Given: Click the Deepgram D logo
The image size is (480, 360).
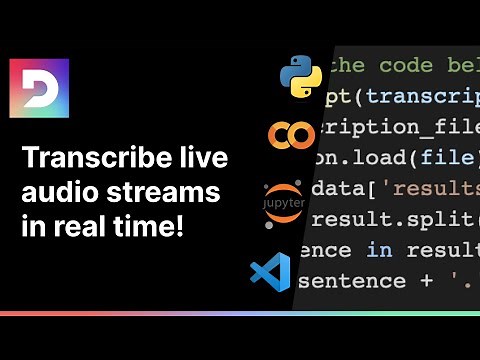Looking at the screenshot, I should coord(39,89).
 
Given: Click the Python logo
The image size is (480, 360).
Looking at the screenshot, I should coord(300,75).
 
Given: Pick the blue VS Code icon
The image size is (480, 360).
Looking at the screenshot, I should coord(270,272).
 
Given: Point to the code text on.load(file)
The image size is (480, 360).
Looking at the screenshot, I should coord(400,158).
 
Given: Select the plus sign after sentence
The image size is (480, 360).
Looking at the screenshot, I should coord(427,281).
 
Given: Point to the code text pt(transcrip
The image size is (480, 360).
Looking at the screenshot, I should coord(400,96).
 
